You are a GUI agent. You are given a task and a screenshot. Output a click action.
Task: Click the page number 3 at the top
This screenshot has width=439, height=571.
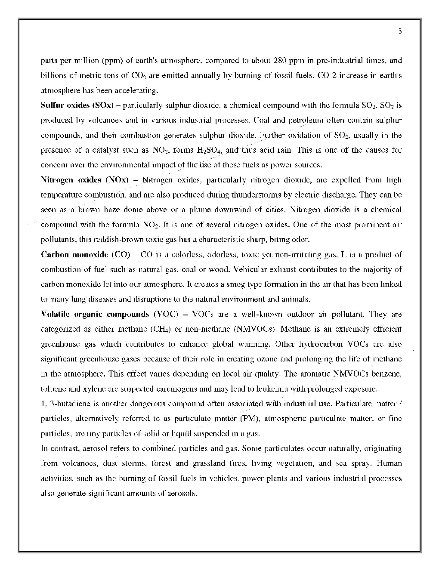(400, 31)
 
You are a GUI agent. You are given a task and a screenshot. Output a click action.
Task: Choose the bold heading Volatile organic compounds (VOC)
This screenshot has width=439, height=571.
(109, 314)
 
